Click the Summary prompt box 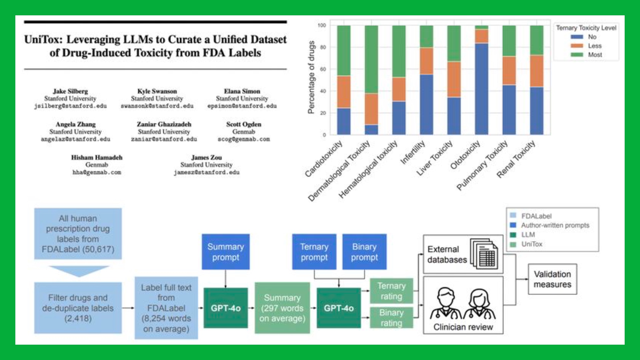pos(225,252)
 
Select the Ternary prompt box pos(314,252)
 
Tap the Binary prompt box pos(364,252)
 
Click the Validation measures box pos(552,279)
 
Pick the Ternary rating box pos(391,291)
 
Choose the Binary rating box pos(391,317)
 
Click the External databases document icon pos(485,254)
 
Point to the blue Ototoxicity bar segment pos(481,89)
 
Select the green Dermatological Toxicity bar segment pos(371,59)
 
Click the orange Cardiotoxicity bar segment pos(344,92)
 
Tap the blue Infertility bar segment pos(426,104)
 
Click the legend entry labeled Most pos(595,55)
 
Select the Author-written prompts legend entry pos(555,225)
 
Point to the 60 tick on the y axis pos(323,69)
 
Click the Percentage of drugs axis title pos(311,77)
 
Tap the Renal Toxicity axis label pos(516,159)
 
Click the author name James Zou pos(206,157)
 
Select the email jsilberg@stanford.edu pos(70,106)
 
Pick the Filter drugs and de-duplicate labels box pos(78,308)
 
